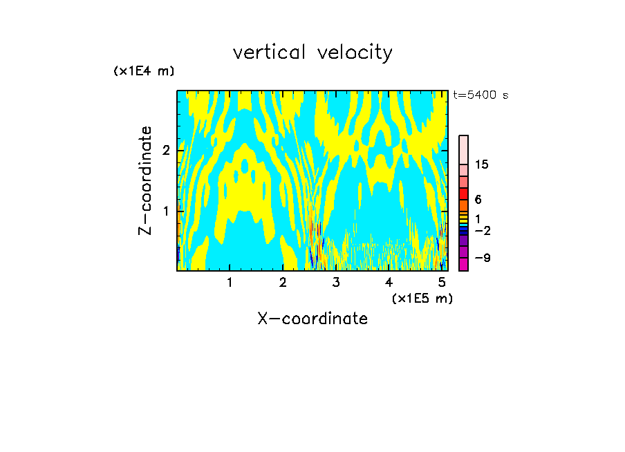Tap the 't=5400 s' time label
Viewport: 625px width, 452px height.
point(481,95)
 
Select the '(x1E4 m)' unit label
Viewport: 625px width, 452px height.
point(144,71)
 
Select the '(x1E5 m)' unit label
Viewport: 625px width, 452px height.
point(422,298)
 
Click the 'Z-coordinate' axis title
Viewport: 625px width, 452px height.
point(145,180)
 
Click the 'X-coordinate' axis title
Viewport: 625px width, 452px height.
point(312,319)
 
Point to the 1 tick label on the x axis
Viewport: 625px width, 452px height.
point(230,282)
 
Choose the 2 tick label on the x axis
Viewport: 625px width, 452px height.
point(283,282)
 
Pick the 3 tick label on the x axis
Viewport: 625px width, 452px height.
point(336,282)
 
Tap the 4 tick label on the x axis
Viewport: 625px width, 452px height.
point(389,282)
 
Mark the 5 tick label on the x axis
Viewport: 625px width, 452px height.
point(442,282)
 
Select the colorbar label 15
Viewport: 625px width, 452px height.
point(482,164)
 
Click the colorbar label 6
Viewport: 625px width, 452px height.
point(478,199)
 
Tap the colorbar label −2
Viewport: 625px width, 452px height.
point(482,230)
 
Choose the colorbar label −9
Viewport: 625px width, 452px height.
point(482,258)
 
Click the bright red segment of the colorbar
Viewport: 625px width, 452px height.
point(464,194)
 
